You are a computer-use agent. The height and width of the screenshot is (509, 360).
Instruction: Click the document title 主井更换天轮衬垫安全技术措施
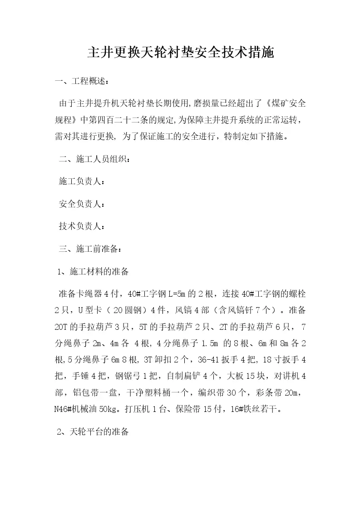tap(180, 54)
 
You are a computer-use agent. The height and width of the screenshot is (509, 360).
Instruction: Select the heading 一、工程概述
tap(81, 82)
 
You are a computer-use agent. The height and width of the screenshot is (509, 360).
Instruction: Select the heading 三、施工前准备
tap(90, 248)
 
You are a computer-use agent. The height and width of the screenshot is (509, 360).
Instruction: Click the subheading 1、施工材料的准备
tap(94, 272)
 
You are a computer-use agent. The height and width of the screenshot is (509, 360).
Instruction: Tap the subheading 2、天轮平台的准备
tap(94, 432)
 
